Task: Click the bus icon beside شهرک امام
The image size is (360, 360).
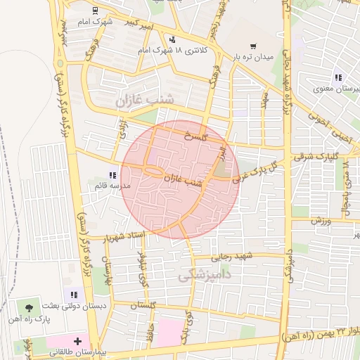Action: [x=96, y=10]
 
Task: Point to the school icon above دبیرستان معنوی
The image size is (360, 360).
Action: [x=338, y=77]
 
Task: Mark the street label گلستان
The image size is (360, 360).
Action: [x=143, y=305]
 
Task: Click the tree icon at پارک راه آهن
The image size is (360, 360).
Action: [x=30, y=308]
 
